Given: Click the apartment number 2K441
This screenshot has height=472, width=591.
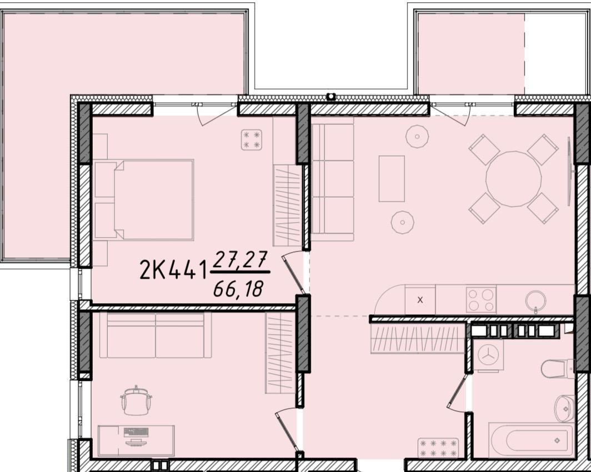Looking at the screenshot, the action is pos(173,269).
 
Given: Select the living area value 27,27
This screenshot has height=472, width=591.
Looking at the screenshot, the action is pos(241,259).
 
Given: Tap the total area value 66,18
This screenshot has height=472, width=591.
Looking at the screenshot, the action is pos(238,289).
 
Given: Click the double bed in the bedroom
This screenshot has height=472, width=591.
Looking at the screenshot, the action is pos(143,200).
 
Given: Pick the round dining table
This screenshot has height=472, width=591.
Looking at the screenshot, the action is pos(513,179).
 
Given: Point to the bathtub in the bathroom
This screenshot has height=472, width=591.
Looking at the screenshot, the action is pos(531,440).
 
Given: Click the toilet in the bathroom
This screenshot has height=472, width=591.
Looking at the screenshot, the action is pos(558,368).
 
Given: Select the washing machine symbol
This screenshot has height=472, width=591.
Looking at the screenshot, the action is pos(488,355).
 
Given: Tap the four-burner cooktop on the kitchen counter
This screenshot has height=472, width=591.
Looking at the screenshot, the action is pos(481,300).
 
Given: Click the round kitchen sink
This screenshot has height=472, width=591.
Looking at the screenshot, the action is pos(535,300).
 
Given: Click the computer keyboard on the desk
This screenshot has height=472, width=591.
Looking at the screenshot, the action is pos(136,432).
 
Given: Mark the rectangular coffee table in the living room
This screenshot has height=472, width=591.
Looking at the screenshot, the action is pos(392,179).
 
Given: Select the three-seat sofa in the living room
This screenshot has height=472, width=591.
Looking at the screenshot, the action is pos(333,179).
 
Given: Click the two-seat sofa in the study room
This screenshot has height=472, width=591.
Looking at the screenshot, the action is pos(156,335).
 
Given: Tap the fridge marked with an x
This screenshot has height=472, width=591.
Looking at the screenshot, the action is pos(420,300).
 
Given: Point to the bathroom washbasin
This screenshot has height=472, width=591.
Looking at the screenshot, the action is pos(564,408).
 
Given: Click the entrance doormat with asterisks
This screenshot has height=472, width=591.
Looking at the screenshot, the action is pos(438,448).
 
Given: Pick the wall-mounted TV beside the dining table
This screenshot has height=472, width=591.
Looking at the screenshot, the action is pos(570,172).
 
